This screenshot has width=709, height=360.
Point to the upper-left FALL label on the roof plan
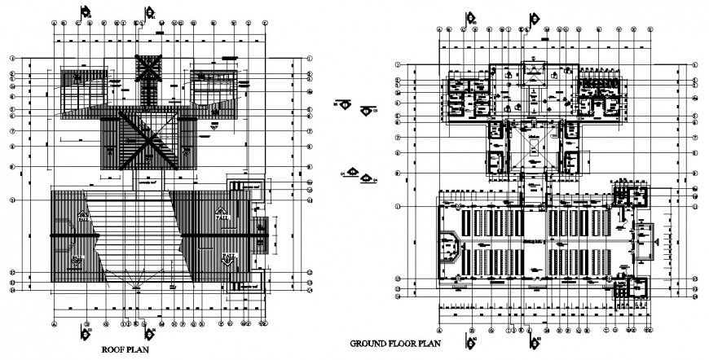click(x=83, y=215)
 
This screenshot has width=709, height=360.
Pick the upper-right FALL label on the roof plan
click(x=222, y=215)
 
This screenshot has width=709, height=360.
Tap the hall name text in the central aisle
click(x=534, y=242)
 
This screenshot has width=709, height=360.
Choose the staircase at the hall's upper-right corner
click(x=631, y=196)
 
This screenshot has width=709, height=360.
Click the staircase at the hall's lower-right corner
click(x=632, y=288)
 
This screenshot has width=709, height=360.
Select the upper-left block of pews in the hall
click(x=488, y=222)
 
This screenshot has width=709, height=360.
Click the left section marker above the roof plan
click(x=84, y=13)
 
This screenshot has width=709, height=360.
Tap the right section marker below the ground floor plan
click(x=533, y=337)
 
